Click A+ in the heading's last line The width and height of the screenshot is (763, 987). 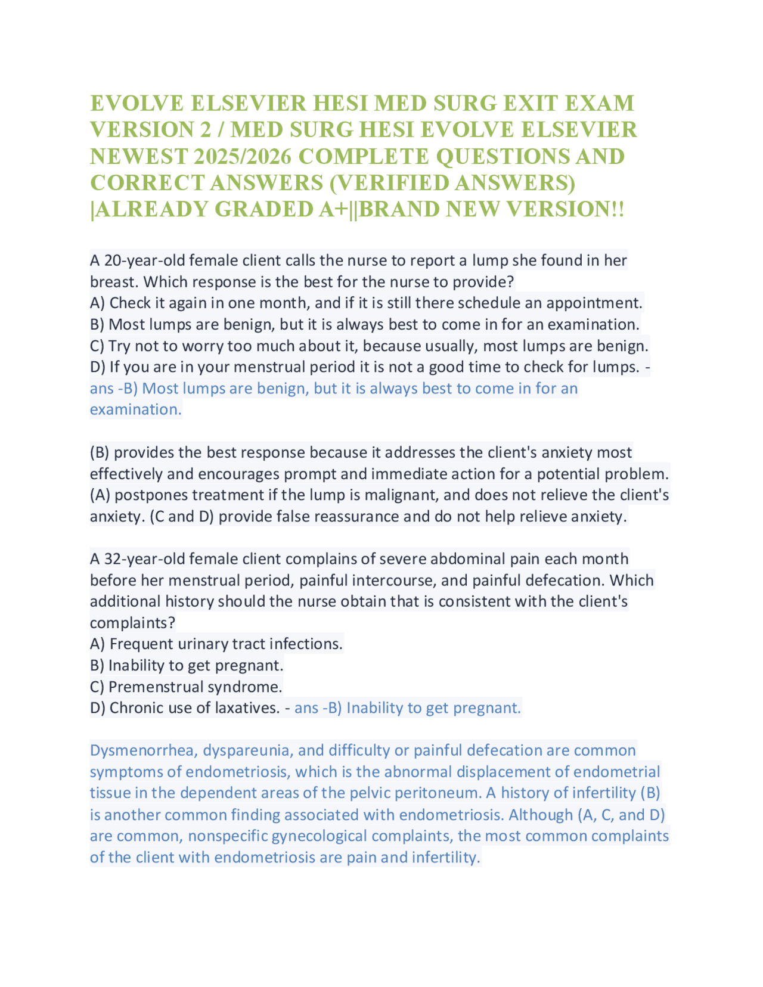(x=334, y=209)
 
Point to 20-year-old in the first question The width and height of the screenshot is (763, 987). (x=145, y=260)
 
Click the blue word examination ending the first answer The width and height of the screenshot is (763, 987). (x=135, y=409)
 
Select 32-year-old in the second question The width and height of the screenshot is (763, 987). (x=145, y=559)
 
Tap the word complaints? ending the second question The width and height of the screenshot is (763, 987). (x=132, y=623)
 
